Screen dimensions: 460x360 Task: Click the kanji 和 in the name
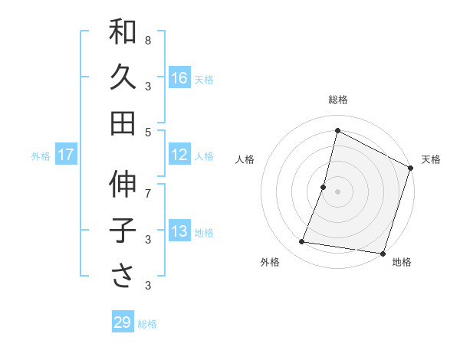[x=123, y=32]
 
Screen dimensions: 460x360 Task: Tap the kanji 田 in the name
[x=123, y=122]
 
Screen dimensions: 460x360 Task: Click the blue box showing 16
[x=179, y=77]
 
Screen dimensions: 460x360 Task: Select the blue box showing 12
[x=179, y=155]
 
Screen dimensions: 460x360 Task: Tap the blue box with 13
[x=179, y=231]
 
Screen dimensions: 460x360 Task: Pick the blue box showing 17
[x=66, y=155]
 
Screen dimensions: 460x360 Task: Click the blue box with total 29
[x=123, y=322]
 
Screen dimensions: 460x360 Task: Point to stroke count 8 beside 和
[x=148, y=40]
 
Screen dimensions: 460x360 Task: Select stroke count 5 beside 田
[x=148, y=132]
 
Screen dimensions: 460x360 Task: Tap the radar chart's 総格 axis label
[x=338, y=100]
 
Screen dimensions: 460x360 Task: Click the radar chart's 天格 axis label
[x=431, y=159]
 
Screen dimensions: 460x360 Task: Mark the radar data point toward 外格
[x=302, y=242]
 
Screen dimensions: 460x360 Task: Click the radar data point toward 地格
[x=381, y=253]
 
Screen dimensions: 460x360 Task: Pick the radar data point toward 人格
[x=324, y=187]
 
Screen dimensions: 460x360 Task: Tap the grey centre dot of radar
[x=337, y=191]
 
